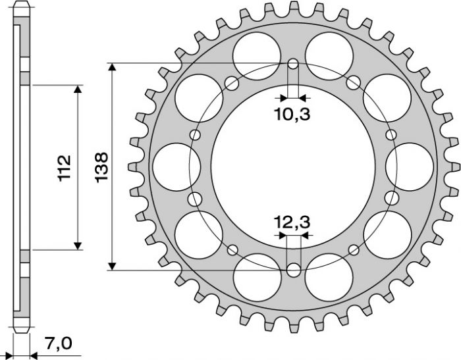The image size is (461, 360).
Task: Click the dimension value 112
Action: tap(65, 168)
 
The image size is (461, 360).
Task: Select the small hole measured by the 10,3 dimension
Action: tap(293, 64)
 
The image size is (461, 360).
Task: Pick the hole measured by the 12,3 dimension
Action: tap(293, 270)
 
